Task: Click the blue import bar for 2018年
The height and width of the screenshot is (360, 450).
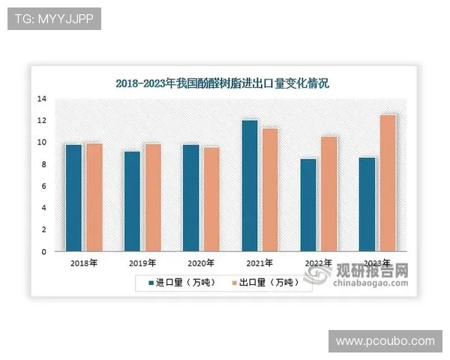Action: click(73, 198)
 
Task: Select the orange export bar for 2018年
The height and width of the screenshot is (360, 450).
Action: click(94, 197)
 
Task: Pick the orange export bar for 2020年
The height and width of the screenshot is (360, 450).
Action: click(212, 199)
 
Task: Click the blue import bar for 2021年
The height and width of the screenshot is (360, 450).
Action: click(250, 186)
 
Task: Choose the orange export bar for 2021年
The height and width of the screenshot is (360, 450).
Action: click(270, 190)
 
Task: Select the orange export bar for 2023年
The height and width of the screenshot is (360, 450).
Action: click(388, 184)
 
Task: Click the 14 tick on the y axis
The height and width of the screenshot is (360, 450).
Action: click(42, 99)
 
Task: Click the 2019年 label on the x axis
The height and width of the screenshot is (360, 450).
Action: click(142, 264)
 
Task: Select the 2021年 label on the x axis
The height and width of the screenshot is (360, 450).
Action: click(259, 264)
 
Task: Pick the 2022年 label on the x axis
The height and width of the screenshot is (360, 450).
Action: click(318, 264)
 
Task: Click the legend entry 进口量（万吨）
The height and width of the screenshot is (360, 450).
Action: click(174, 283)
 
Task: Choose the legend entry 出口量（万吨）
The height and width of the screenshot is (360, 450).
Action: click(259, 283)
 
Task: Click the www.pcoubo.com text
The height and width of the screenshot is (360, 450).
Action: click(385, 341)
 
